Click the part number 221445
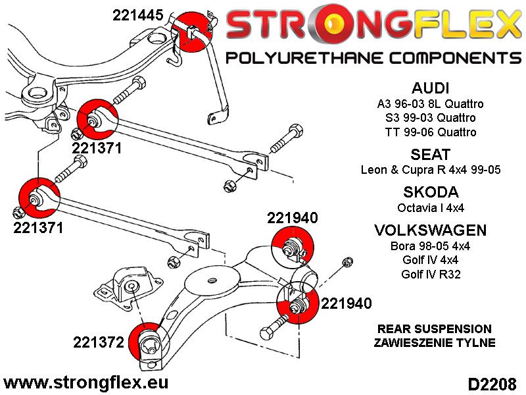pyautogui.click(x=139, y=15)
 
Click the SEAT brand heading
pyautogui.click(x=430, y=155)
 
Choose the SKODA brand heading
pyautogui.click(x=430, y=192)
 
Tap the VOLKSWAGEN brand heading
pyautogui.click(x=430, y=230)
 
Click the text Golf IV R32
pyautogui.click(x=430, y=273)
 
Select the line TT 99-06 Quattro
pyautogui.click(x=430, y=132)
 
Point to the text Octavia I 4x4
pyautogui.click(x=430, y=207)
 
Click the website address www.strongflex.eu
pyautogui.click(x=86, y=382)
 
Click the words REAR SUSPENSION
pyautogui.click(x=435, y=329)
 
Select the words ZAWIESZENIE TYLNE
pyautogui.click(x=435, y=343)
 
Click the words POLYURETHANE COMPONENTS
pyautogui.click(x=373, y=58)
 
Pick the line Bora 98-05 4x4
pyautogui.click(x=430, y=246)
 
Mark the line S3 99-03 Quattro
pyautogui.click(x=430, y=118)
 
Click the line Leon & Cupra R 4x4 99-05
pyautogui.click(x=430, y=170)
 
